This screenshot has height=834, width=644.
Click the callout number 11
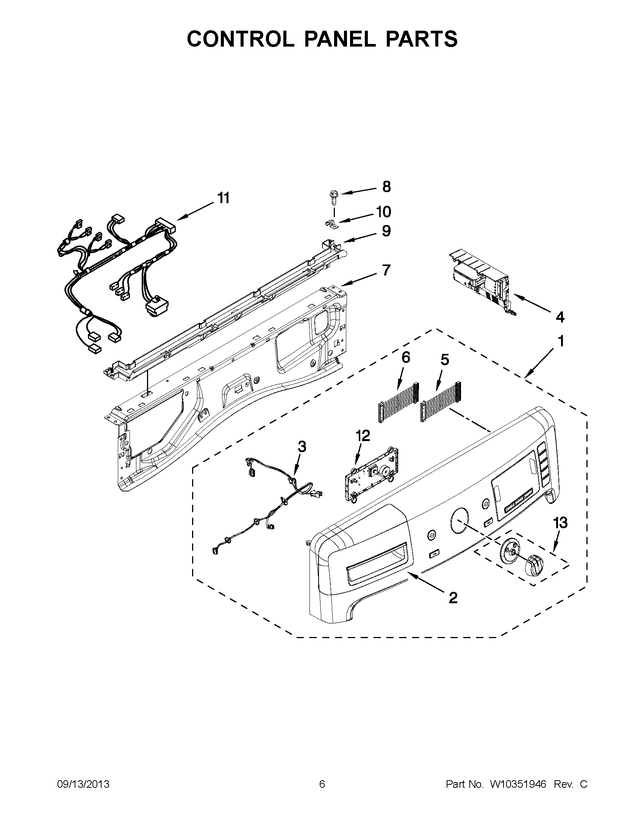click(224, 199)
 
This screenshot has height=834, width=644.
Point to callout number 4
click(559, 316)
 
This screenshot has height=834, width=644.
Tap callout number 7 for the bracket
click(386, 271)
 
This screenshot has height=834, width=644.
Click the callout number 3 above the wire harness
click(302, 446)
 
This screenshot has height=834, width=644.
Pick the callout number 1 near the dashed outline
click(561, 341)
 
